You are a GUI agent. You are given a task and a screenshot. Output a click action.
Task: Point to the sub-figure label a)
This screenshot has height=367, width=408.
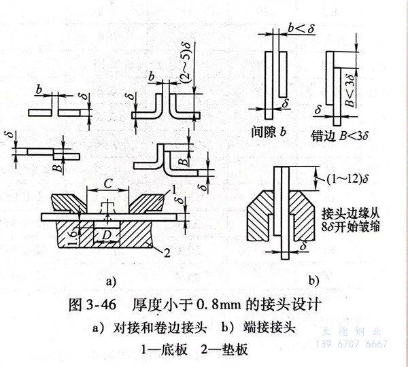111,279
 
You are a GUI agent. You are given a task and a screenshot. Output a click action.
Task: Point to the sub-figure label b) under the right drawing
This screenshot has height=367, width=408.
314,279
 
